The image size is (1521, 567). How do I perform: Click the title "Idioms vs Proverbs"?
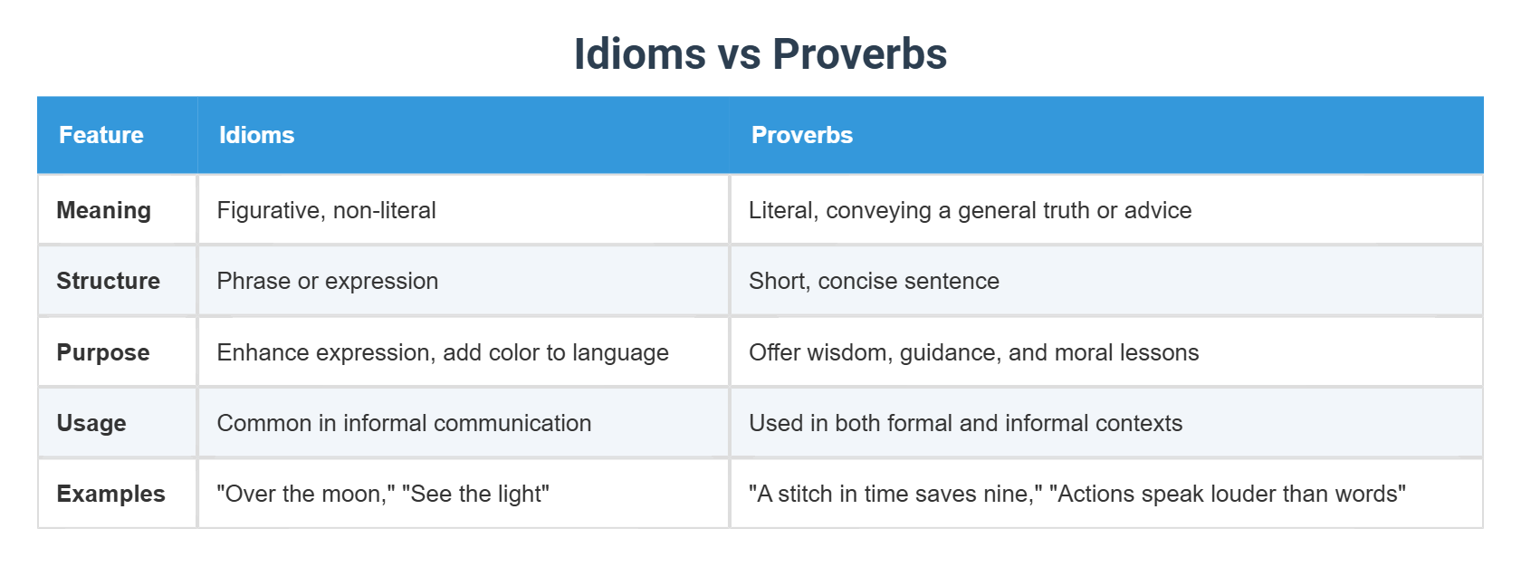760,54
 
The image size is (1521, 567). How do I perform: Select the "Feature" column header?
101,135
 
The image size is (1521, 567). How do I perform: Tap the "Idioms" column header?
257,135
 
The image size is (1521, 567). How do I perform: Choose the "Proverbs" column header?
802,135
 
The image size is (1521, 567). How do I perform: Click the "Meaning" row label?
104,210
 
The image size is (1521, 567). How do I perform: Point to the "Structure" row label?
109,281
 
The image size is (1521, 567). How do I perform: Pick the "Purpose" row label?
103,352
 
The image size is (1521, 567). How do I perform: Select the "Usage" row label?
91,423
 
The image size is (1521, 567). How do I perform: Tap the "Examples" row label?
111,494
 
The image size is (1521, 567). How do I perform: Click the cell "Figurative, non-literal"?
327,210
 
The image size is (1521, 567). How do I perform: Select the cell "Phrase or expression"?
328,281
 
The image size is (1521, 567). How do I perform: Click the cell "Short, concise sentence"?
874,281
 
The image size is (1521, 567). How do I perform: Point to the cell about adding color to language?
443,352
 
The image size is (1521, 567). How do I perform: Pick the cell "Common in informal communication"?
404,423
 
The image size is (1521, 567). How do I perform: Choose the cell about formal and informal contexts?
965,423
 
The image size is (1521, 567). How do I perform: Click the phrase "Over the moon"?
306,494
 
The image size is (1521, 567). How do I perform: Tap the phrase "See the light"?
476,494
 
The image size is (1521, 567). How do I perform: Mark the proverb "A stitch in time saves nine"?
895,494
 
